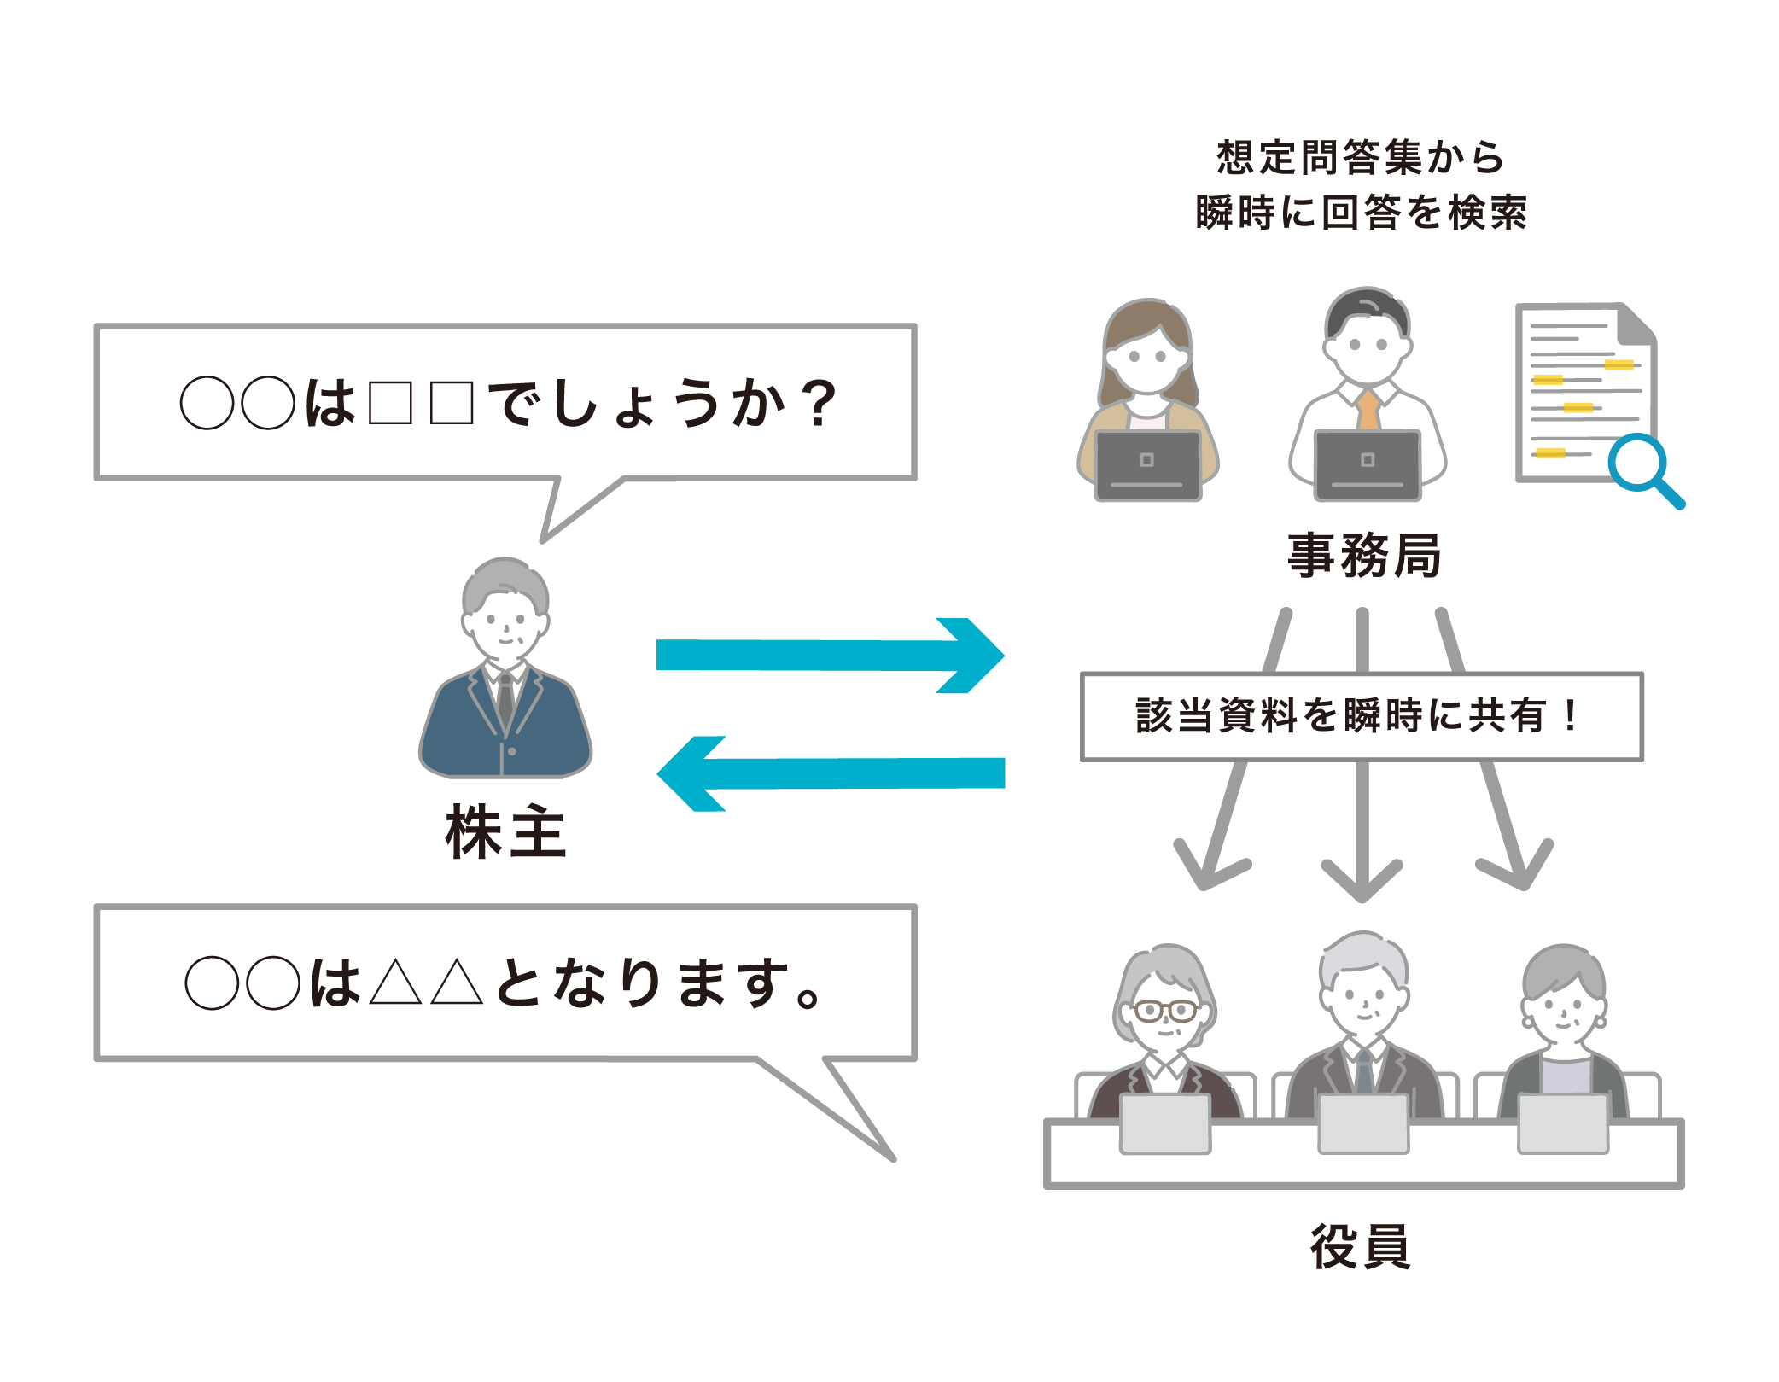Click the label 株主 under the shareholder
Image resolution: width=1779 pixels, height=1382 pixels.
click(x=505, y=832)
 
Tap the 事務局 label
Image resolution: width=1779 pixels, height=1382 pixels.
click(x=1363, y=555)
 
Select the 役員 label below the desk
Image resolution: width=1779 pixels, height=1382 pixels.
click(x=1361, y=1246)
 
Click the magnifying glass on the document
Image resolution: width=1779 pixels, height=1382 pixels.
click(x=1637, y=464)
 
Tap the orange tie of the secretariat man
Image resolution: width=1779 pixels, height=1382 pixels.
click(x=1368, y=410)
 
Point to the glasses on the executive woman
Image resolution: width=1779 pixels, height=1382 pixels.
click(x=1164, y=1012)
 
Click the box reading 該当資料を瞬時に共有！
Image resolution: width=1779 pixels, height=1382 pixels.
click(x=1361, y=715)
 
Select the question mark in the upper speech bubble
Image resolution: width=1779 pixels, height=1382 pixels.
click(x=820, y=403)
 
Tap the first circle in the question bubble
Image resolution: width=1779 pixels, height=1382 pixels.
click(x=207, y=403)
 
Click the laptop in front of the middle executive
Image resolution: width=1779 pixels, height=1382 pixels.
click(x=1363, y=1123)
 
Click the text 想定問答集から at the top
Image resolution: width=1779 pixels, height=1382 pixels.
click(x=1361, y=158)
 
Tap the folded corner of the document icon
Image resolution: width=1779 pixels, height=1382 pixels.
click(x=1637, y=323)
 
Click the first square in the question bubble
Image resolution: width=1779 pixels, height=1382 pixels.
click(x=391, y=403)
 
